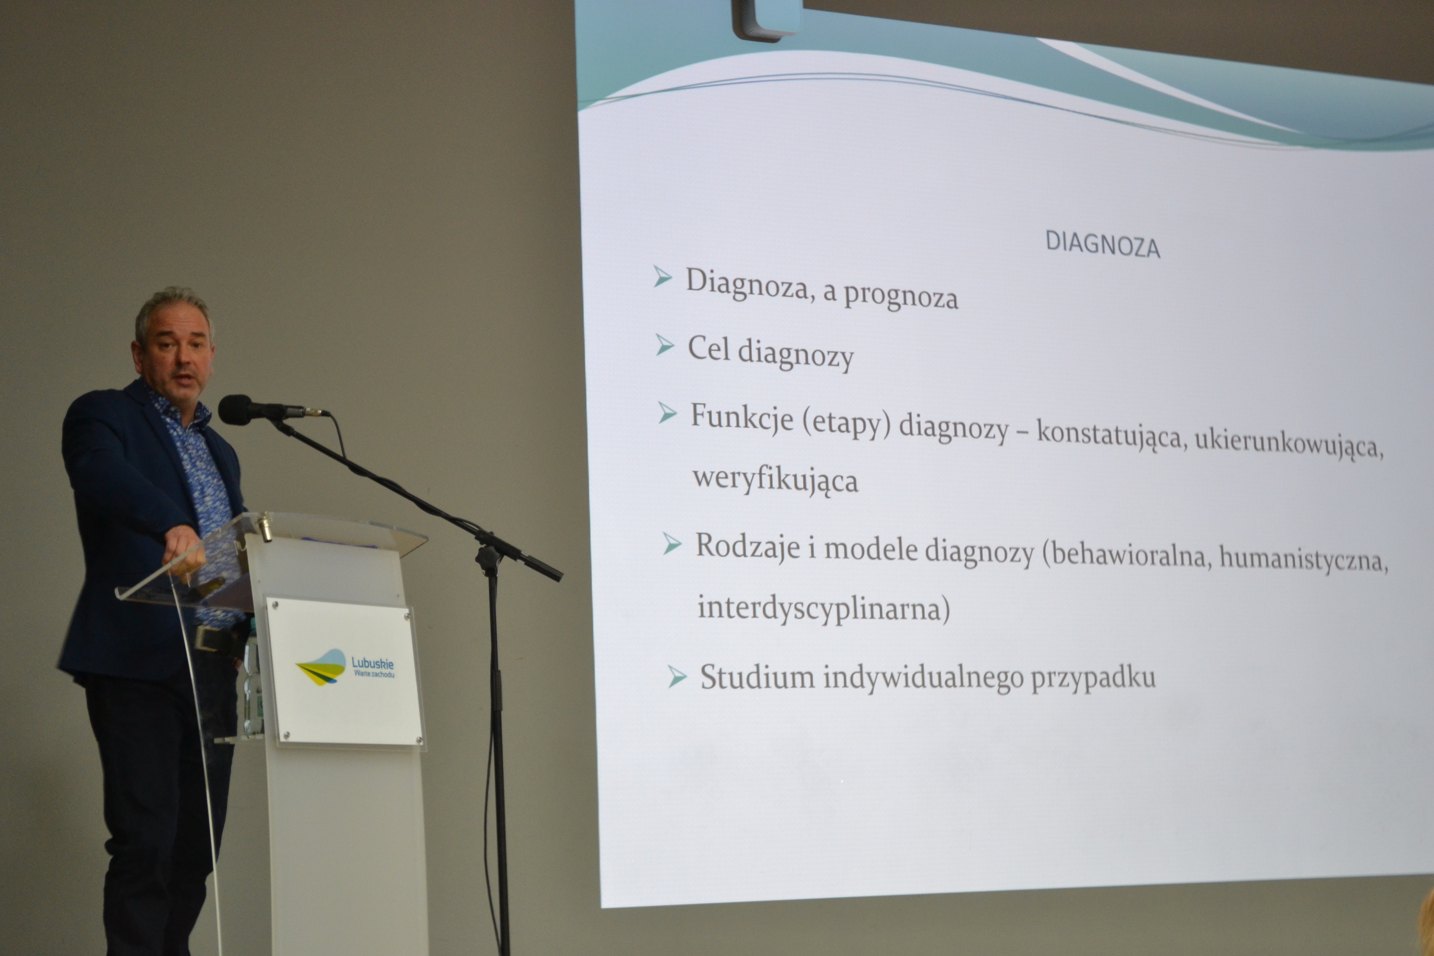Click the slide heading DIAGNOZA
(1102, 245)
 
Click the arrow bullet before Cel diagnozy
(665, 346)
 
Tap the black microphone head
(236, 409)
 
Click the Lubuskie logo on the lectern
(345, 668)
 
